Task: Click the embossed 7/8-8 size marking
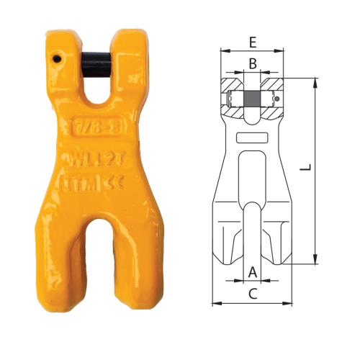pyautogui.click(x=96, y=132)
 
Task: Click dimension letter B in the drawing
pyautogui.click(x=252, y=63)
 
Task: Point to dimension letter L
pyautogui.click(x=305, y=167)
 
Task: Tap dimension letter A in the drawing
pyautogui.click(x=252, y=271)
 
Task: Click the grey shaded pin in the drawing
pyautogui.click(x=252, y=99)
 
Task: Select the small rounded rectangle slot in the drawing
pyautogui.click(x=252, y=137)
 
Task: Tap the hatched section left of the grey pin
pyautogui.click(x=232, y=96)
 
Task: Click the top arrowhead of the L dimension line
pyautogui.click(x=316, y=81)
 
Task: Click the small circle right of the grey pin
pyautogui.click(x=278, y=99)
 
